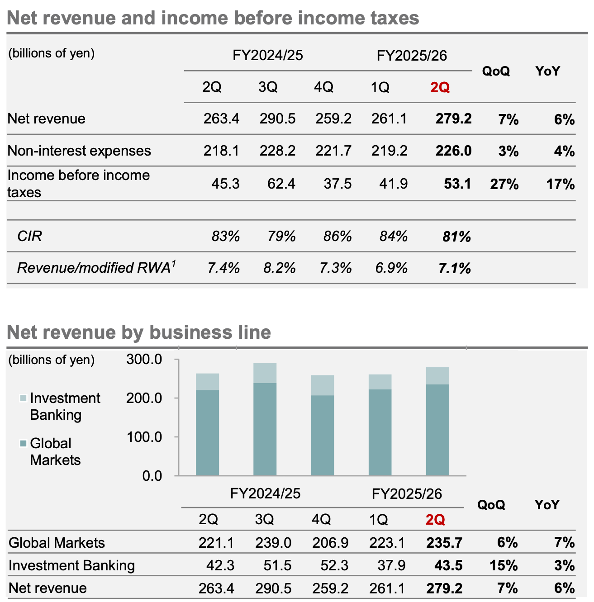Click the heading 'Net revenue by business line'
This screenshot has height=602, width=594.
[139, 332]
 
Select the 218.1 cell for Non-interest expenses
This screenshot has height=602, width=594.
[221, 151]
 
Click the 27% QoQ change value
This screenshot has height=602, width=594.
[504, 184]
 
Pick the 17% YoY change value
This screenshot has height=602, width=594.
[560, 184]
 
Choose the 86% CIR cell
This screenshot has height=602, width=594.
[337, 236]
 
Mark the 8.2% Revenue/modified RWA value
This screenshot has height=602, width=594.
[279, 268]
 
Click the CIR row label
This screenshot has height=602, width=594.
[29, 236]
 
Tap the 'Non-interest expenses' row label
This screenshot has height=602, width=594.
[79, 151]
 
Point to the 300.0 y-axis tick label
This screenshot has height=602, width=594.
[144, 360]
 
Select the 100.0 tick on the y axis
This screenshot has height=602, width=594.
[144, 437]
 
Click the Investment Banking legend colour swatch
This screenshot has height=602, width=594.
[24, 398]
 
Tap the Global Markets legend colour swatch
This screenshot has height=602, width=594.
[24, 444]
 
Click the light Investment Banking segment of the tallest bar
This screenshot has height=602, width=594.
[265, 373]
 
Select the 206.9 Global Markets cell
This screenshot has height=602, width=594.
[330, 543]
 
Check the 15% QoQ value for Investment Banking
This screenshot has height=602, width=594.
[504, 565]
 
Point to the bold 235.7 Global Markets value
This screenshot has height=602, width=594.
[444, 543]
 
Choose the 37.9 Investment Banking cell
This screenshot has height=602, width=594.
[392, 565]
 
